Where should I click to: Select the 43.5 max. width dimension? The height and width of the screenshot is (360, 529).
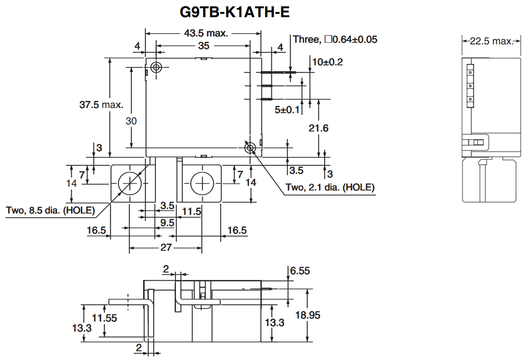click(205, 33)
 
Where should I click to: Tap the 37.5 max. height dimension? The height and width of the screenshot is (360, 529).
click(101, 105)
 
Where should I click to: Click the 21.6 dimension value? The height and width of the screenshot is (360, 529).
click(319, 128)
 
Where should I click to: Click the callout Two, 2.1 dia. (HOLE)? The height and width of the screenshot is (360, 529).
click(330, 187)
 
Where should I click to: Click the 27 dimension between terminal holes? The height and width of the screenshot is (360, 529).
click(165, 248)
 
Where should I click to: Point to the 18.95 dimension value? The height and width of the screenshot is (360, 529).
click(320, 315)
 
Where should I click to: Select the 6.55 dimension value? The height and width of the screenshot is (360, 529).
click(300, 271)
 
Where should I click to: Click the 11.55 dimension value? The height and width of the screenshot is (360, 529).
click(104, 318)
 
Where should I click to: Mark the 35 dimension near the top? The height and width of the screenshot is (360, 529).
click(204, 45)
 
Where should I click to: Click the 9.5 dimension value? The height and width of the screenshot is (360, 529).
click(167, 223)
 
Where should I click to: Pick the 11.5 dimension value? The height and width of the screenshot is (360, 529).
click(191, 212)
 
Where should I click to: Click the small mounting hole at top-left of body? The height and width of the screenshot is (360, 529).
click(156, 67)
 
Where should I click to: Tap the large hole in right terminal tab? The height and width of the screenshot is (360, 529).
click(201, 184)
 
